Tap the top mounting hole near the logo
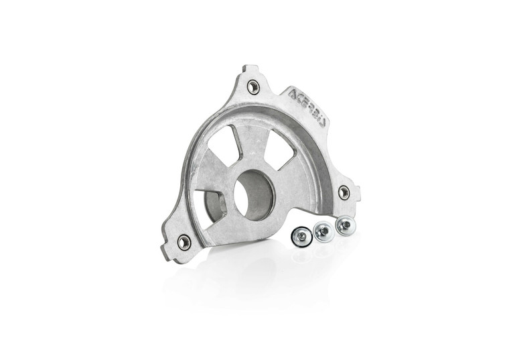pyautogui.click(x=253, y=86)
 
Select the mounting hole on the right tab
pyautogui.click(x=344, y=192)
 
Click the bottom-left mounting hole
pyautogui.click(x=184, y=242)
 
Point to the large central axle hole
pyautogui.click(x=254, y=194)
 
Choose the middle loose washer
pyautogui.click(x=323, y=231)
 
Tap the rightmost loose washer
pyautogui.click(x=346, y=225)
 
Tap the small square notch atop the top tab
pyautogui.click(x=250, y=68)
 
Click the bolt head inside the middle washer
pyautogui.click(x=323, y=231)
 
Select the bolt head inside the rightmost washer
pyautogui.click(x=346, y=225)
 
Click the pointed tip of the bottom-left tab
pyautogui.click(x=163, y=253)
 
